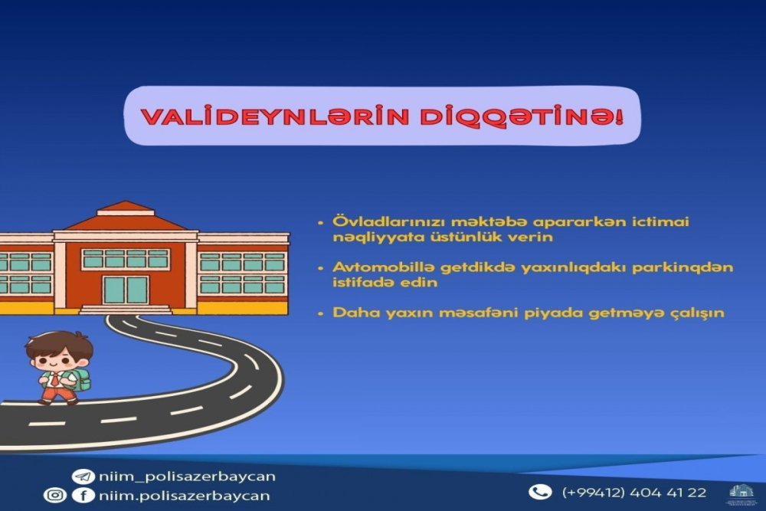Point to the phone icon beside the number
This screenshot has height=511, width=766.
[541, 492]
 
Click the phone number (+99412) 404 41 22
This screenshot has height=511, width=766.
[634, 492]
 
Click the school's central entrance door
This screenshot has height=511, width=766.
[126, 290]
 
